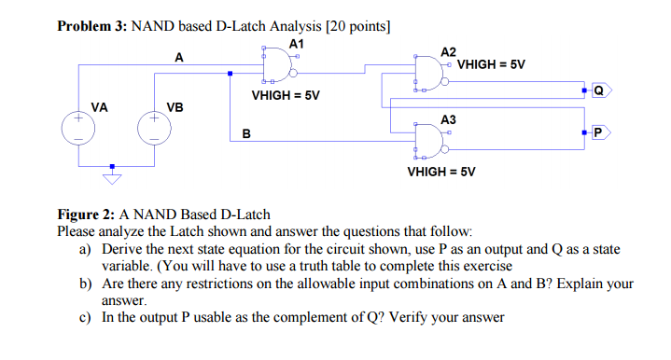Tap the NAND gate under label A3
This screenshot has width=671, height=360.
(x=430, y=142)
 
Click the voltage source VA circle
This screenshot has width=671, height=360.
(x=78, y=130)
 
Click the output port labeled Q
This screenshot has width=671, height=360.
(x=597, y=91)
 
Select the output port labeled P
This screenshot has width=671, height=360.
(x=597, y=133)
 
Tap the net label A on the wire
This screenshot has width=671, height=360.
(x=179, y=58)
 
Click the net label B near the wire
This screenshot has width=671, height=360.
(x=245, y=133)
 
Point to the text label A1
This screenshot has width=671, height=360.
(x=297, y=43)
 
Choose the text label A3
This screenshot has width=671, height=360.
(x=449, y=119)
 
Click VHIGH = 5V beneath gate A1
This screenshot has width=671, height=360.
(x=286, y=95)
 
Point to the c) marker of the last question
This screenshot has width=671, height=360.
(x=85, y=317)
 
